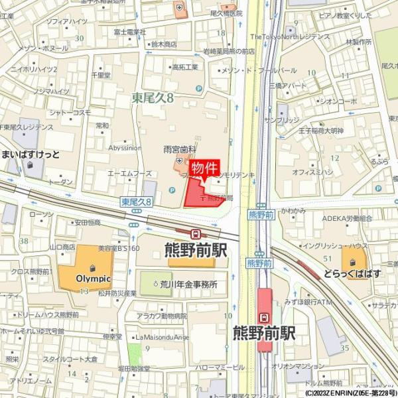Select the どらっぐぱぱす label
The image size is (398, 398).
[x=362, y=273]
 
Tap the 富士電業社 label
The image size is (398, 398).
[x=129, y=31]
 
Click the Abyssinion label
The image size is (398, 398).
[x=125, y=148]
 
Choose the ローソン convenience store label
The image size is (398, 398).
[x=41, y=214]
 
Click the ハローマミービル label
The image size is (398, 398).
[x=220, y=366]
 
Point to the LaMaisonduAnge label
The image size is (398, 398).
[x=163, y=336]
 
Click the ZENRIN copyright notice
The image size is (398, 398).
[x=350, y=393]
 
